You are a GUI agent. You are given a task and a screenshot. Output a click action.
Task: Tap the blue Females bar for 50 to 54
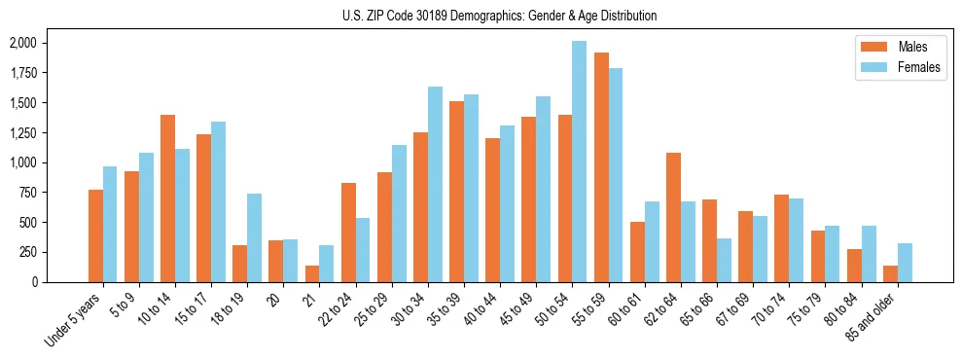pyautogui.click(x=579, y=162)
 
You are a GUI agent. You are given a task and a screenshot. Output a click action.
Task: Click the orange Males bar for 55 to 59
pyautogui.click(x=601, y=167)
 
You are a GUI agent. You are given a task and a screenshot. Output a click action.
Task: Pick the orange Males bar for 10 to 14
pyautogui.click(x=168, y=198)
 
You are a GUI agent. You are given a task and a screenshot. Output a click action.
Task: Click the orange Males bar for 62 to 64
pyautogui.click(x=673, y=217)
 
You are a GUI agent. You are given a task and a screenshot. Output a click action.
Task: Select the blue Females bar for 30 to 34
pyautogui.click(x=435, y=184)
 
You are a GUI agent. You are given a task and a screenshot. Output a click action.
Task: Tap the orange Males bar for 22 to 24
pyautogui.click(x=348, y=233)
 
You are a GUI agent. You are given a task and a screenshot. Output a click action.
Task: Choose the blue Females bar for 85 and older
pyautogui.click(x=905, y=263)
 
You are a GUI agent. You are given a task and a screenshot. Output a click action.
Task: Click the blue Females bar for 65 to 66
pyautogui.click(x=724, y=260)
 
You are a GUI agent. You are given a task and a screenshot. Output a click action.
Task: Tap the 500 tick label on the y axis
pyautogui.click(x=27, y=222)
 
